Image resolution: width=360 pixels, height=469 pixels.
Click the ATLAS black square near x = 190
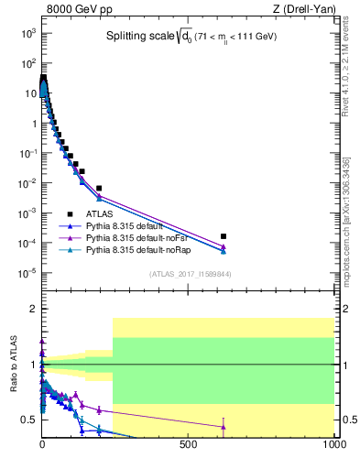[x=98, y=188]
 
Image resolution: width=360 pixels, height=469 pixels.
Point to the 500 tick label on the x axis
[x=189, y=451]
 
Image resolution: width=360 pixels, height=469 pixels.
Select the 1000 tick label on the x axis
[x=333, y=451]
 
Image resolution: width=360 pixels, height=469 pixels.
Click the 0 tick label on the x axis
[x=42, y=451]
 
